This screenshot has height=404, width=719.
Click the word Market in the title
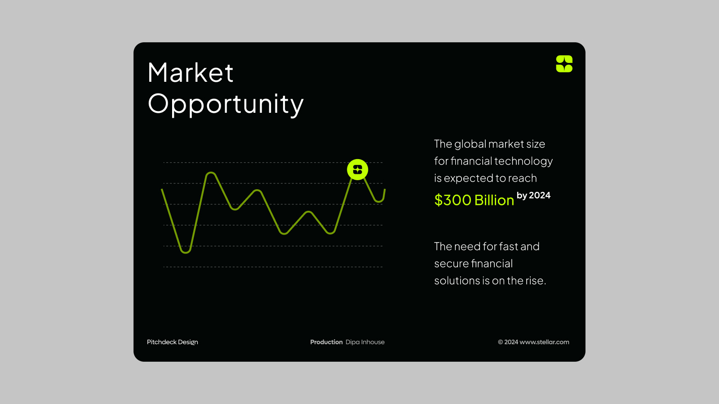[190, 73]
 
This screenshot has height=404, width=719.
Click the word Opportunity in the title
[226, 104]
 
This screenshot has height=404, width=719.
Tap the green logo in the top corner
[564, 64]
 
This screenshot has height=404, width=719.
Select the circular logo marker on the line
[358, 169]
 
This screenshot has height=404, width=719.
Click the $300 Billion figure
[474, 200]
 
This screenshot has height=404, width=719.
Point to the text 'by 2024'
[533, 195]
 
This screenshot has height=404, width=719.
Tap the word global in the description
[470, 144]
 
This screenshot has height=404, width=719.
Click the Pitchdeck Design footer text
[172, 342]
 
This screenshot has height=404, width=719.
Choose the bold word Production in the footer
[326, 342]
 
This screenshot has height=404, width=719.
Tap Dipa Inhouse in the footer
[365, 342]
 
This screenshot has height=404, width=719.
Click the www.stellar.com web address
[544, 342]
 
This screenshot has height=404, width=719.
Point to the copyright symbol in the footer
[500, 342]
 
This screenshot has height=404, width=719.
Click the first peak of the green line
[211, 173]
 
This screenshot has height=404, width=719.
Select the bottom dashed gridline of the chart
[273, 267]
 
